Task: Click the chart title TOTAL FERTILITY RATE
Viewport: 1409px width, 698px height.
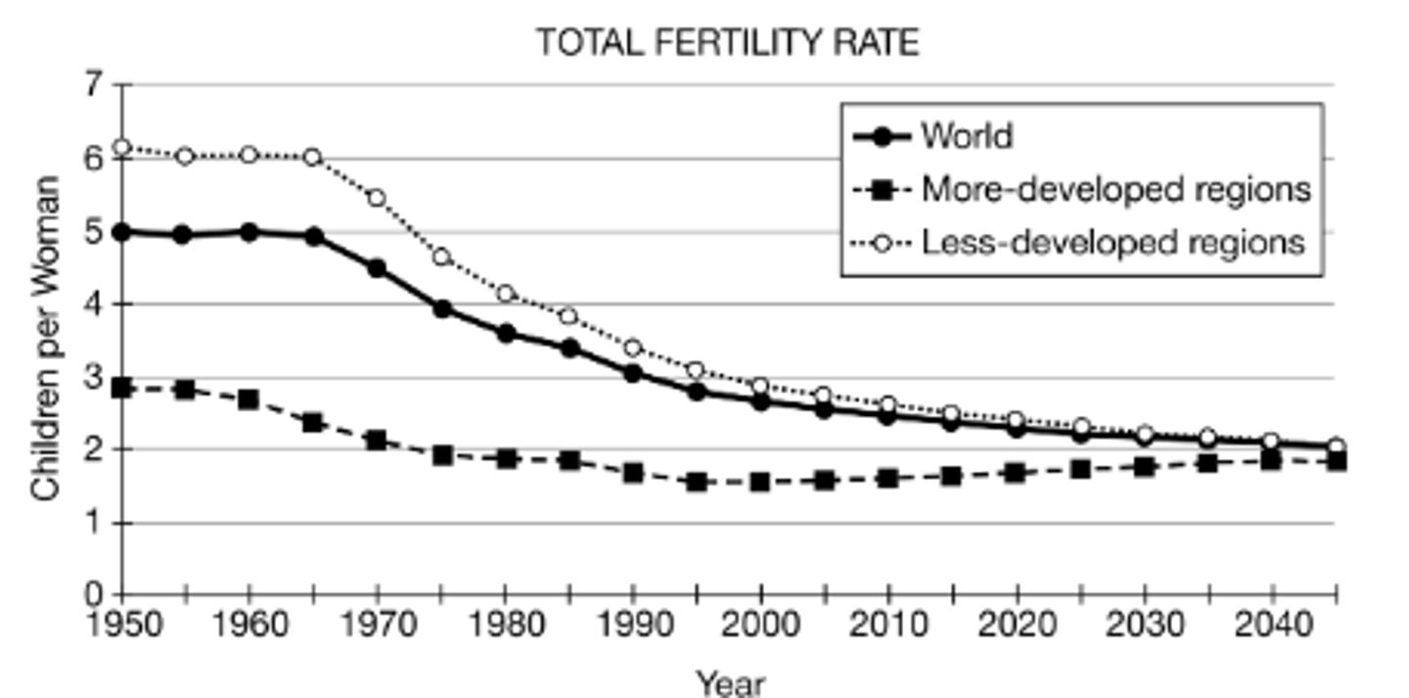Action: click(727, 43)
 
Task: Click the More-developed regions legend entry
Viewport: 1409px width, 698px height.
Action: click(1114, 189)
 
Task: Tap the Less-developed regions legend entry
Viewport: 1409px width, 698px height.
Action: click(1113, 242)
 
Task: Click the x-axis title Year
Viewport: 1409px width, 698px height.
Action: click(729, 682)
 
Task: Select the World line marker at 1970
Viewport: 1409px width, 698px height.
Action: click(377, 268)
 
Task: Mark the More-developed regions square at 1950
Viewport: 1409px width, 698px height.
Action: click(121, 388)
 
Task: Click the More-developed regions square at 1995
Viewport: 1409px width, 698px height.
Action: click(697, 482)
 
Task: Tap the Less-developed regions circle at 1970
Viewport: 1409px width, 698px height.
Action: click(377, 198)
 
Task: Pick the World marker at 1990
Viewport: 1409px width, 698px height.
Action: click(632, 373)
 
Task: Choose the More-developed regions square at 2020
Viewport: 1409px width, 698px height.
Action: click(1015, 474)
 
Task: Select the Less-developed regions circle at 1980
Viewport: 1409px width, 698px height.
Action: click(505, 294)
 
